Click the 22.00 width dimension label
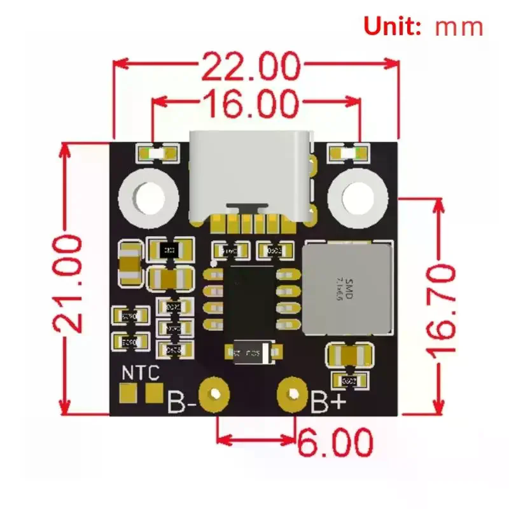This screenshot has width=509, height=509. point(251,65)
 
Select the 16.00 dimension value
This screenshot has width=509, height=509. point(251,103)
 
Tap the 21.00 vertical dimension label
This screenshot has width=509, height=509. point(69,283)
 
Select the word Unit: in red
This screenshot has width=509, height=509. point(393,26)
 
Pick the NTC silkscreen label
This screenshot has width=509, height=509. point(140,373)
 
